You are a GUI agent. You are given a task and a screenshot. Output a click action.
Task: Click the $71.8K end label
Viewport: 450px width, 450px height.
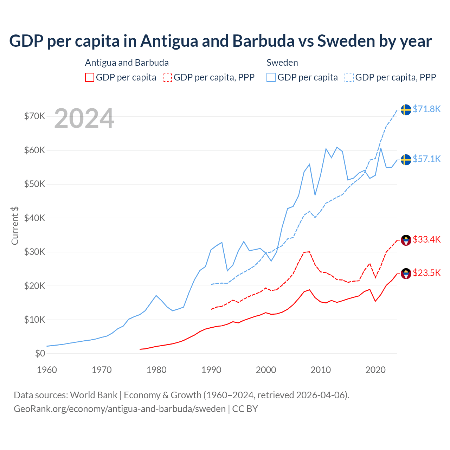coord(426,109)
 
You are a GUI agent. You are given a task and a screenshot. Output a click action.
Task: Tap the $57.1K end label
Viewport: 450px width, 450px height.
coord(426,159)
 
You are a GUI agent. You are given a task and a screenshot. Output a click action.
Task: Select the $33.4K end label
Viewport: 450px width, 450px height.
coord(426,240)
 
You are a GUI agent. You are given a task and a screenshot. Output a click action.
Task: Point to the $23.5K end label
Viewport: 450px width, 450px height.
coord(426,273)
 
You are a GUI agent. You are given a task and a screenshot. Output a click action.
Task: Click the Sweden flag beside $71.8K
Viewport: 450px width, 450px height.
coord(406,110)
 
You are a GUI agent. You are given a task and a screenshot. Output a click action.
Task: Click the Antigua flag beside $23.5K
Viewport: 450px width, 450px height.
coord(406,274)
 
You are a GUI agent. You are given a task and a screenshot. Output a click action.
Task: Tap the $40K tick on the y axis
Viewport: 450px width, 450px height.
coord(34,218)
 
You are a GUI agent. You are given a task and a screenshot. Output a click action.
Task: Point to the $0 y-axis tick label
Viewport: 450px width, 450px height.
coord(40,354)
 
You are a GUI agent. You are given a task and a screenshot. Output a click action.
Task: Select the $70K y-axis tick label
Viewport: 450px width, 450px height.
coord(34,116)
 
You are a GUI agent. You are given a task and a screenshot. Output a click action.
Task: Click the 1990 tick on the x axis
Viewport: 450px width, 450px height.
coord(211,370)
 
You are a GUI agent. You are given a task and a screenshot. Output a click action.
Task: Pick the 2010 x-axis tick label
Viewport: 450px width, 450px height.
coord(321,370)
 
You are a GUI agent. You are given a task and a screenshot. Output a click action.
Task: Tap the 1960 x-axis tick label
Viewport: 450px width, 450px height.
coord(47,370)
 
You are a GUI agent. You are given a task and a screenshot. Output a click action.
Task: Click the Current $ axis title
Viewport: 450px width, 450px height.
coord(15,225)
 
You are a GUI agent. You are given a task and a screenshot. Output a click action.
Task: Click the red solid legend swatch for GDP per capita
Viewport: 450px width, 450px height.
coord(90,77)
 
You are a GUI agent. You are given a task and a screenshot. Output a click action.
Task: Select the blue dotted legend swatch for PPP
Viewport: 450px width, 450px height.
coord(349,77)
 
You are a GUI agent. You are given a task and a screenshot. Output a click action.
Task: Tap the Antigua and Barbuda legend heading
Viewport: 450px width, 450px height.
coord(127,63)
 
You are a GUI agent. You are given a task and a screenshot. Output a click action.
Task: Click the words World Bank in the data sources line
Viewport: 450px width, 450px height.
coord(94,395)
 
